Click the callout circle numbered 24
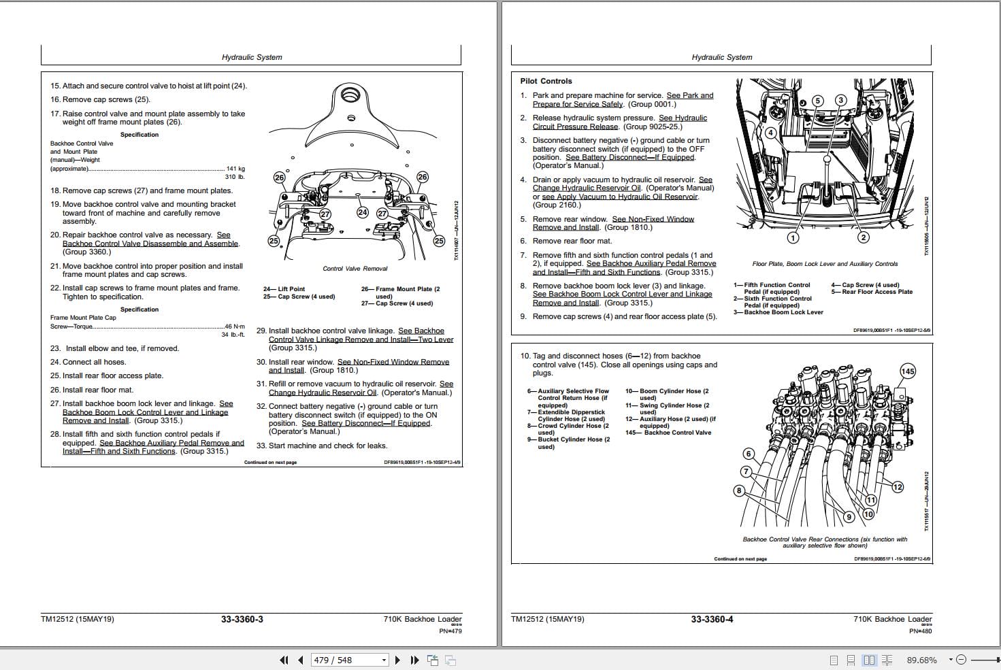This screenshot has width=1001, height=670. pos(363,212)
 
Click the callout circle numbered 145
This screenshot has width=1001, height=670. pos(908,371)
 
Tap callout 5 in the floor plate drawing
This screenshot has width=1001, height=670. pos(819,101)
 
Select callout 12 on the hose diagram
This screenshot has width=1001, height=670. pos(898,486)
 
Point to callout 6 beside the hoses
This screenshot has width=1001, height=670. pos(749,454)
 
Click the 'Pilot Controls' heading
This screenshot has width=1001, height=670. pos(546,81)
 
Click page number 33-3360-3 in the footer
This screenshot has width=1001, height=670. pos(242,619)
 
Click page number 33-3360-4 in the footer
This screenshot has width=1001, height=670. pos(712,619)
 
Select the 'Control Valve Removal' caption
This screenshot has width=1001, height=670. pos(355,269)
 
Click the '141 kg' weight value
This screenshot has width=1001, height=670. pos(235,169)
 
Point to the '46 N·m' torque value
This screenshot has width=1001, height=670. pos(234,326)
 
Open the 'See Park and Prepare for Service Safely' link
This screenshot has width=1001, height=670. pos(689,96)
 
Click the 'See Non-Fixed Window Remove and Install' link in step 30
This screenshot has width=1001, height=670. pos(393,362)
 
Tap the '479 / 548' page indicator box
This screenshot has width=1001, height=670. pos(348,660)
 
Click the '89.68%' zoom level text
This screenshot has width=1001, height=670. pos(921,660)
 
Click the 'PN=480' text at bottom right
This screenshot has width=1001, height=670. pos(920,631)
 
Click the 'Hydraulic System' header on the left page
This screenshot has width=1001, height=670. pos(252,57)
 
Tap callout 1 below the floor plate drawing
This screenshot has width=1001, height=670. pos(793,237)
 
